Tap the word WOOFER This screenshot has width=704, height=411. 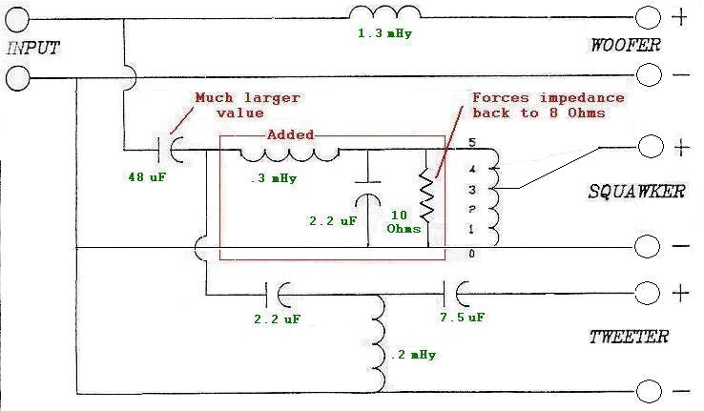(x=625, y=45)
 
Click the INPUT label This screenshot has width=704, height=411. (x=32, y=48)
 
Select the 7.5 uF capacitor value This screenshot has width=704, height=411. (x=463, y=317)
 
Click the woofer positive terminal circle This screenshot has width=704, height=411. (x=649, y=17)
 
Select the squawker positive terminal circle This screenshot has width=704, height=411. (x=649, y=147)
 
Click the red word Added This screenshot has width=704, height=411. (x=290, y=136)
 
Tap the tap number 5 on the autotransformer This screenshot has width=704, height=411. (x=471, y=143)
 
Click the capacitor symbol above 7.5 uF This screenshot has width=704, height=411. (x=457, y=290)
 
